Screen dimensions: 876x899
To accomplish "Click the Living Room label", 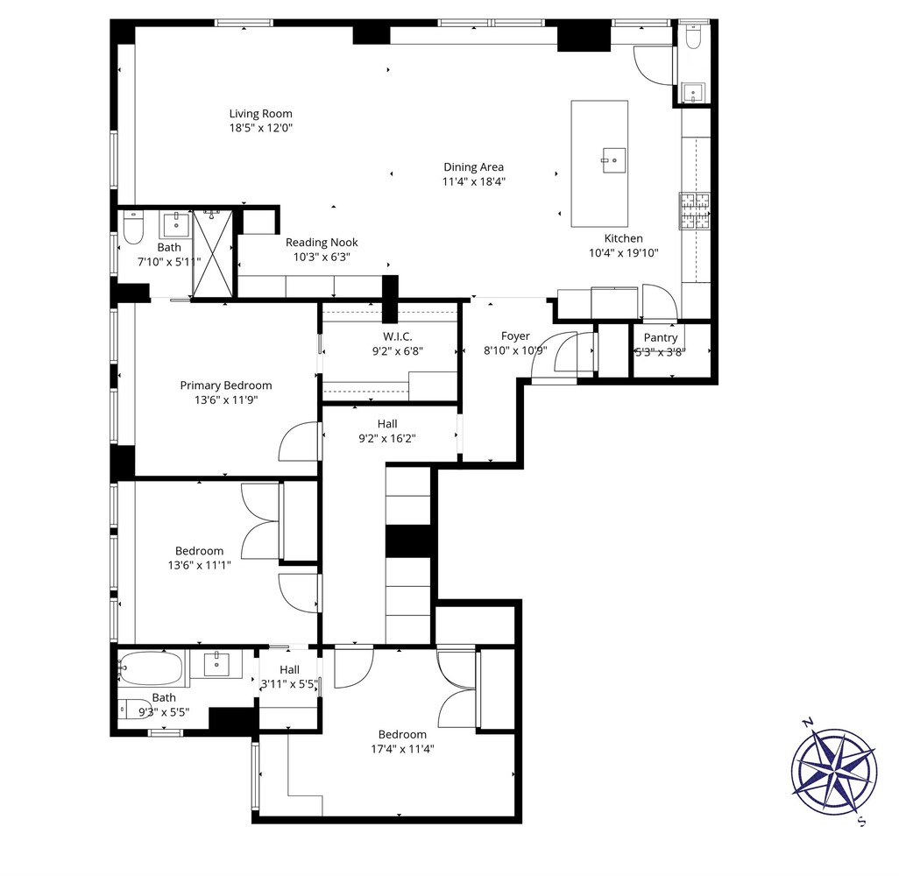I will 260,113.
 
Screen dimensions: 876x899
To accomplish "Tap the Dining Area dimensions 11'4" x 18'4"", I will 473,182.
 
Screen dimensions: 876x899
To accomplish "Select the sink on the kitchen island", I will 612,159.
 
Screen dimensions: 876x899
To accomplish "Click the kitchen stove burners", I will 695,211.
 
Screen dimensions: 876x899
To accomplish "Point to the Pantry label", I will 660,337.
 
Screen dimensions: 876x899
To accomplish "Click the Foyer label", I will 515,336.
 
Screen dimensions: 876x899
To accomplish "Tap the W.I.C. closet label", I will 397,336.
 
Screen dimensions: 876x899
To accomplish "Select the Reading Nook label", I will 322,243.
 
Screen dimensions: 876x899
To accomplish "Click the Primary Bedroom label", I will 225,385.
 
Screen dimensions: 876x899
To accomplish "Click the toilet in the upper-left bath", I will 132,230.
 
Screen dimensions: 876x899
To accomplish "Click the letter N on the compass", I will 808,723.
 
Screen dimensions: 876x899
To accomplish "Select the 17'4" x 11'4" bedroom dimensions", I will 402,749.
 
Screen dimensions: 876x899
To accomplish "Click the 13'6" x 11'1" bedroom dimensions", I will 199,566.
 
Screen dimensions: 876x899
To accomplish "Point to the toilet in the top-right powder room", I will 695,38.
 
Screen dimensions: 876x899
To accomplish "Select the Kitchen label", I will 623,238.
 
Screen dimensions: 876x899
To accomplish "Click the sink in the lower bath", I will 217,665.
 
